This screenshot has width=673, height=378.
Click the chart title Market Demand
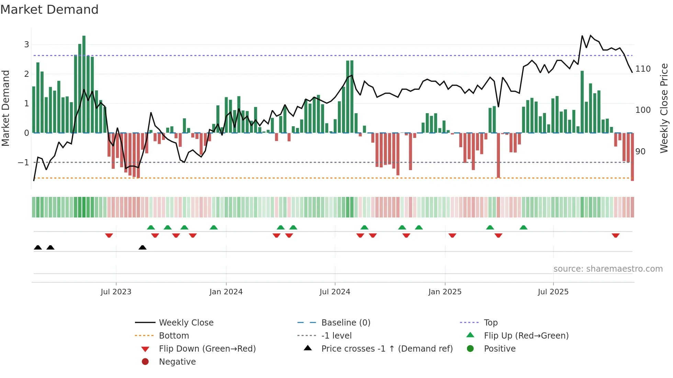tap(49, 10)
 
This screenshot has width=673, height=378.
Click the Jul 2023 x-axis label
tap(116, 292)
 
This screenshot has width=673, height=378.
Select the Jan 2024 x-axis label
tap(226, 292)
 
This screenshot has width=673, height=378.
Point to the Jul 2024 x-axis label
tap(335, 292)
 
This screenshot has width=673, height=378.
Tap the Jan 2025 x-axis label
tap(445, 292)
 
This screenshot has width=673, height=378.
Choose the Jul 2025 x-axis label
tap(553, 292)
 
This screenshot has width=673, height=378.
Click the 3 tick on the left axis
tap(26, 44)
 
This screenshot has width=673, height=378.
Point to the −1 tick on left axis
tap(23, 162)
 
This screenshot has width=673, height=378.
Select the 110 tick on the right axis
tap(643, 69)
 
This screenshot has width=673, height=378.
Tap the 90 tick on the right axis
tap(640, 152)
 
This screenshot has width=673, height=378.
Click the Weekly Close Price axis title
tap(664, 108)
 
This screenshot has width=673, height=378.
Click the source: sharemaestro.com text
tap(608, 269)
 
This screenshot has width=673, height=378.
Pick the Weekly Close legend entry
tap(186, 323)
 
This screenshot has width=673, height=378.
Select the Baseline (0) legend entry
tap(345, 323)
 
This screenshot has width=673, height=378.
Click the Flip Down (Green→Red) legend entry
tap(207, 349)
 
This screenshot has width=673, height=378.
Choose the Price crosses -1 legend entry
tap(387, 349)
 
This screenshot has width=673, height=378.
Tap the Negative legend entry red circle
tap(145, 362)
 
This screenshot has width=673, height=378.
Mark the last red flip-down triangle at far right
tap(615, 235)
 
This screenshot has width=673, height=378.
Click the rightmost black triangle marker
tap(142, 247)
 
